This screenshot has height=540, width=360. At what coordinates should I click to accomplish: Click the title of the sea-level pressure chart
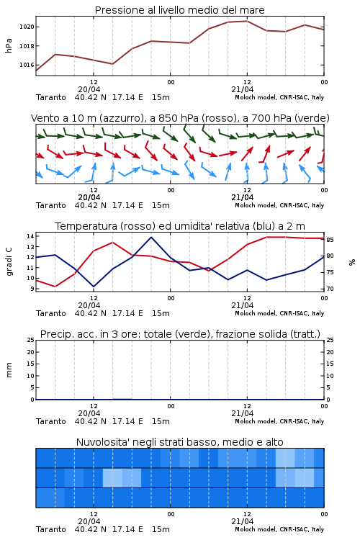(x=179, y=10)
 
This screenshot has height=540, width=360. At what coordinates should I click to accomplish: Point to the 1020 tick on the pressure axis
(x=27, y=27)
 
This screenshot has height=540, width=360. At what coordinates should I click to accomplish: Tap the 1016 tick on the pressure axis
(x=27, y=65)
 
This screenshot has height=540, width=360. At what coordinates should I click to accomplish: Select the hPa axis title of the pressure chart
(x=9, y=45)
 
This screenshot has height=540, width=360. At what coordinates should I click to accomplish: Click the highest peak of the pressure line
(x=247, y=21)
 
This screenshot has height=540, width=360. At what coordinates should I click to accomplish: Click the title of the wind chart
(x=180, y=118)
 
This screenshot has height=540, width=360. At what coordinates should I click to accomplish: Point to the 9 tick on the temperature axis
(x=32, y=289)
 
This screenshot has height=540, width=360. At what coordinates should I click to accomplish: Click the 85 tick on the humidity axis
(x=330, y=240)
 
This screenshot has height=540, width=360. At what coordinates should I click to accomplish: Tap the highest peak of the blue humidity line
(x=151, y=238)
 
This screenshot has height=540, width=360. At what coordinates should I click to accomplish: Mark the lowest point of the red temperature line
(x=55, y=287)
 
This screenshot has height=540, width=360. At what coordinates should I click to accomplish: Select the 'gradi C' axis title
(x=9, y=262)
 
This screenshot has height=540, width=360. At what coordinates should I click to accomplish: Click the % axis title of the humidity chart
(x=352, y=262)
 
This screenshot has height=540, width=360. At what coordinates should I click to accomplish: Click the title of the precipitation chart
(x=180, y=334)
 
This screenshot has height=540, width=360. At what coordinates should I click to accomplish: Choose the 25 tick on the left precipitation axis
(x=31, y=340)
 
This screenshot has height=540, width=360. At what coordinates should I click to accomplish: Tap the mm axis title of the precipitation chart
(x=9, y=370)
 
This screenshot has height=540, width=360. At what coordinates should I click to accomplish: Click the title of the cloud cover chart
(x=179, y=442)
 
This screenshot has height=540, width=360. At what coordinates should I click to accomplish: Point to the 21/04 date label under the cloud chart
(x=242, y=521)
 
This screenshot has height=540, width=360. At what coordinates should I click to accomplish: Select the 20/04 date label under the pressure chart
(x=89, y=89)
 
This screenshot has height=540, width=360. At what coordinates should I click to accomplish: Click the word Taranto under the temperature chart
(x=51, y=313)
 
